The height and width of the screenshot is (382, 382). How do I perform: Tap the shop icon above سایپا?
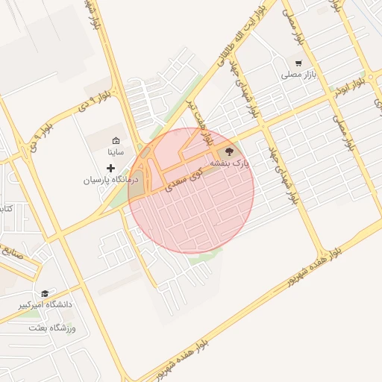(116, 140)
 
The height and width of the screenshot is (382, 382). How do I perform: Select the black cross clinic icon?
(111, 169)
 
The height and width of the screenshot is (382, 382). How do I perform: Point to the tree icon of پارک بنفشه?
(228, 151)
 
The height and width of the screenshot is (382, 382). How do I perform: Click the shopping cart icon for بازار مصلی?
(298, 63)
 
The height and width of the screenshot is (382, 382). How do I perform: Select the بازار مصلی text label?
(295, 75)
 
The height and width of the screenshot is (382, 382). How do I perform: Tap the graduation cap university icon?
(45, 294)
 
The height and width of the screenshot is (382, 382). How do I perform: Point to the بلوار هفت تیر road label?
(204, 122)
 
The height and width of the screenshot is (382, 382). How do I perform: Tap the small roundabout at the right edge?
(372, 77)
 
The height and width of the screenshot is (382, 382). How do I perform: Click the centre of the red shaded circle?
(191, 190)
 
